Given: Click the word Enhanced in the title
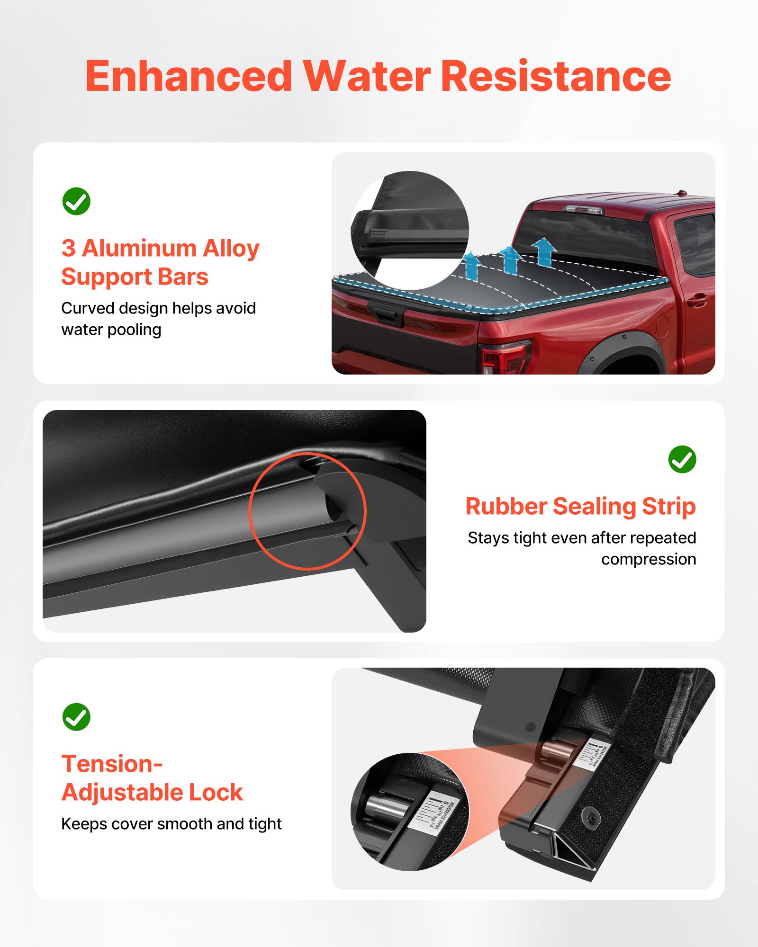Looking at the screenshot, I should coord(189,77).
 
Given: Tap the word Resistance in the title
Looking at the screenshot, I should coord(556,77).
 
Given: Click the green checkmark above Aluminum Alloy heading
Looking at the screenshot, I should coord(76,201).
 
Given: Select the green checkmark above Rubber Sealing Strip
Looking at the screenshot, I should coord(682,459).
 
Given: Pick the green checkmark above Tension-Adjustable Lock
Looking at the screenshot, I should coord(76,717).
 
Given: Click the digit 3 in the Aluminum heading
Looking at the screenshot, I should coord(69,248).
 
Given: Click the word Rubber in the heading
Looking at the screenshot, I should coord(505,506).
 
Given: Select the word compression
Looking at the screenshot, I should coord(649,559).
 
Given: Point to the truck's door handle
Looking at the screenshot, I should coord(697,300).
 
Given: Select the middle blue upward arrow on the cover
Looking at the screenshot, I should coord(510,259).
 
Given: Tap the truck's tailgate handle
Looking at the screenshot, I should coord(388,315).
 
